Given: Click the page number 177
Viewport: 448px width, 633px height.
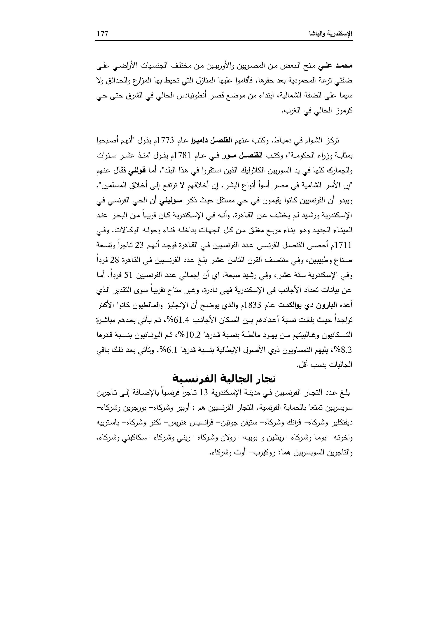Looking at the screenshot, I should pos(102,34).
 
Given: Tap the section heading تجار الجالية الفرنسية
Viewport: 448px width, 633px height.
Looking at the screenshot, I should pos(224,379).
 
